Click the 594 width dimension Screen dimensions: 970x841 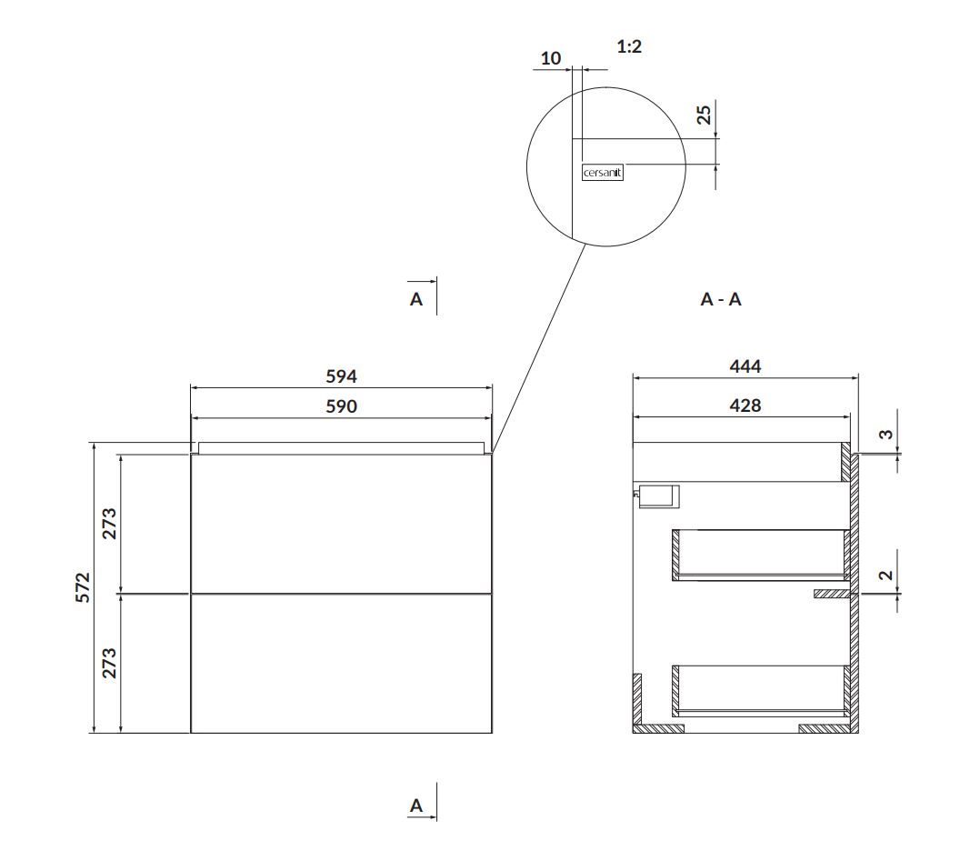pos(341,376)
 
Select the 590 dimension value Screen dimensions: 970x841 pos(341,406)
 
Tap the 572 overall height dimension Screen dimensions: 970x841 pos(83,588)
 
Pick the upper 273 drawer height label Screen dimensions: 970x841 pos(109,524)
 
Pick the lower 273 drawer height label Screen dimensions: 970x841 pos(109,663)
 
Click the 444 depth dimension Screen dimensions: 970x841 pos(745,366)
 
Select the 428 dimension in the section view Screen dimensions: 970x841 pos(745,405)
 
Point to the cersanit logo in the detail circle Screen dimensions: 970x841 pos(603,173)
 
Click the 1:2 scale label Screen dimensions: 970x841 pos(629,46)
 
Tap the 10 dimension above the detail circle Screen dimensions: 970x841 pos(551,59)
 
